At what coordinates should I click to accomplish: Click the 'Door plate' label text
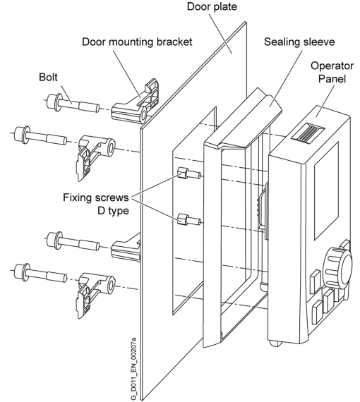[x=211, y=7]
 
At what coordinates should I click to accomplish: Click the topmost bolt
[x=74, y=106]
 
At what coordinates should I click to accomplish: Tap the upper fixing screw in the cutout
[x=188, y=173]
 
